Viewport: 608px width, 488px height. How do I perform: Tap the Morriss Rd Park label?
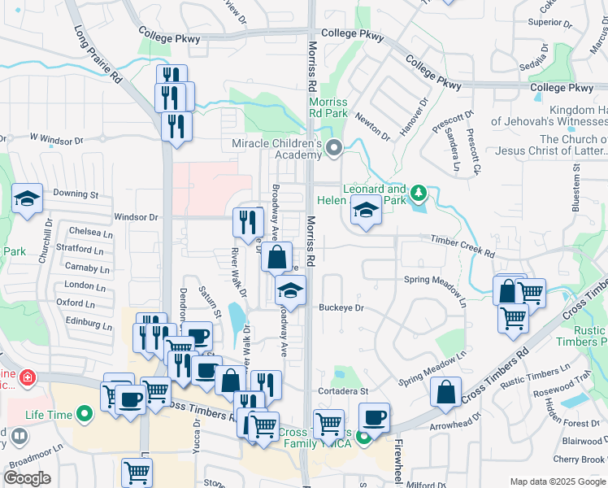click(x=328, y=108)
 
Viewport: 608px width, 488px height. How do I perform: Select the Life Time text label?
click(x=48, y=415)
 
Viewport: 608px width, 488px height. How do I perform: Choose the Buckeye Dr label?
click(x=341, y=308)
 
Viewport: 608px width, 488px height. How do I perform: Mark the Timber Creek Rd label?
click(x=463, y=246)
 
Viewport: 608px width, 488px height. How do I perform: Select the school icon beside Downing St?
click(x=27, y=198)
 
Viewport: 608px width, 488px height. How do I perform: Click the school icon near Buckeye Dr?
click(x=289, y=290)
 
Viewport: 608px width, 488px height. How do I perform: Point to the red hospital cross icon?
click(x=27, y=378)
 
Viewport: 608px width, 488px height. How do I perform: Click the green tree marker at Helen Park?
click(x=419, y=194)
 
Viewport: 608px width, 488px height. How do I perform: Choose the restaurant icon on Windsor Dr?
click(x=248, y=221)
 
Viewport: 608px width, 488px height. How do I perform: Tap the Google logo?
click(x=28, y=478)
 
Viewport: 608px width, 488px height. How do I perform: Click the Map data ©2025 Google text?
click(x=558, y=481)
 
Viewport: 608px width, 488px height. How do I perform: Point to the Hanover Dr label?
click(x=414, y=117)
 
